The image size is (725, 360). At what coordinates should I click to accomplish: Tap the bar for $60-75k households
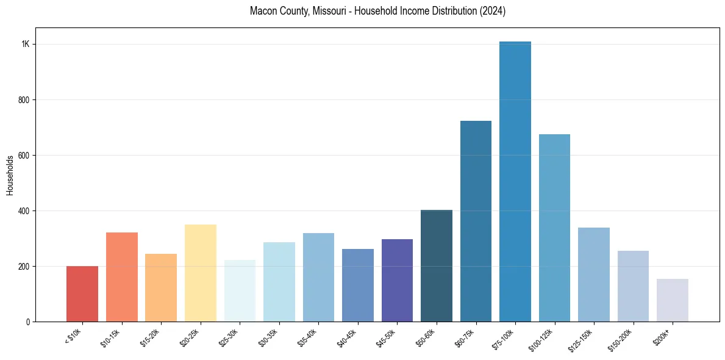[x=476, y=221]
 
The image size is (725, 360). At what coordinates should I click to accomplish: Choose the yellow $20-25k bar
[x=201, y=273]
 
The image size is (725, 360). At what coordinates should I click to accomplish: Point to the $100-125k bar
[x=554, y=228]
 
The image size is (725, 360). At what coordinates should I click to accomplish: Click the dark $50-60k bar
[x=437, y=266]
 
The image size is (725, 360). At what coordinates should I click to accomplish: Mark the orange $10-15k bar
[x=122, y=277]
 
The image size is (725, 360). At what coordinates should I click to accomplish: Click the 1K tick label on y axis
[x=26, y=45]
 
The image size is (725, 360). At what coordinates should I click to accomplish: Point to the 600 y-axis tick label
[x=24, y=156]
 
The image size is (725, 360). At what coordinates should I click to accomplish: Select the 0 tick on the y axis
[x=28, y=322]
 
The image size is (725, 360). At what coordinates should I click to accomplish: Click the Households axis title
[x=10, y=175]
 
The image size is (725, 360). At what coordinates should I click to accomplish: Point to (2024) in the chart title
[x=493, y=11]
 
